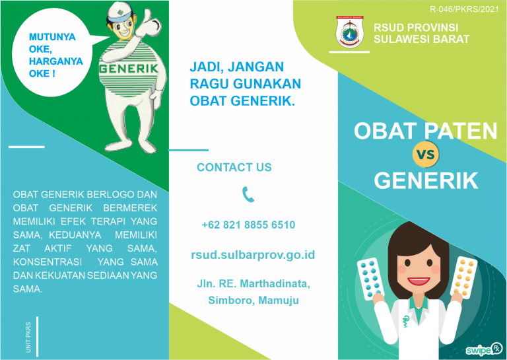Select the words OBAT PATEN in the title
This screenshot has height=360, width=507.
(425, 130)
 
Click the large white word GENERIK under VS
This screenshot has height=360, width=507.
(425, 180)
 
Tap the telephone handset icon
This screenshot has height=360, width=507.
(248, 194)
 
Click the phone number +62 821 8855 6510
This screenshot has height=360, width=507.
(248, 225)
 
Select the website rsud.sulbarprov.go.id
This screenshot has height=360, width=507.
(253, 254)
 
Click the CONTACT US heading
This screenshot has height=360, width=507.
(234, 168)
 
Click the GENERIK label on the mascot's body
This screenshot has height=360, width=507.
(128, 68)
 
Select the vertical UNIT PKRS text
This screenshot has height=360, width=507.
(28, 338)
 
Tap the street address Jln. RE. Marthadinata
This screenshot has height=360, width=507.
(253, 285)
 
